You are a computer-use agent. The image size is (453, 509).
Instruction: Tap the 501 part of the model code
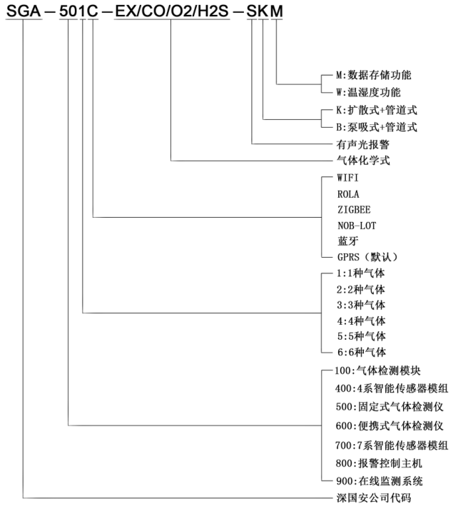click(x=73, y=14)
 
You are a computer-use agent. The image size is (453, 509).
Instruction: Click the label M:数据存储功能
click(x=374, y=75)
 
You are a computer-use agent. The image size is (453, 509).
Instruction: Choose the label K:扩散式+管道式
click(x=376, y=111)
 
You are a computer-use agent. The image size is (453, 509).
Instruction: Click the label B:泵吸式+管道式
click(x=376, y=128)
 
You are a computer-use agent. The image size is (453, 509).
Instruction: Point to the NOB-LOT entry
click(x=356, y=226)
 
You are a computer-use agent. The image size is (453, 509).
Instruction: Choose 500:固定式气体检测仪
click(x=389, y=407)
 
